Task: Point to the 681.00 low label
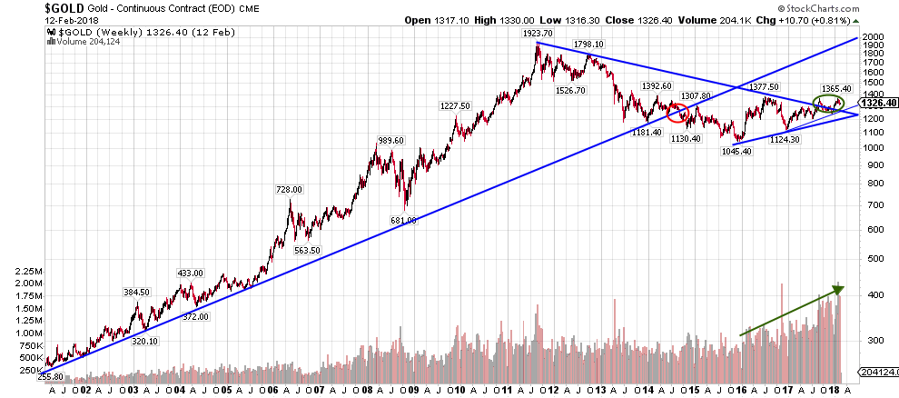(404, 220)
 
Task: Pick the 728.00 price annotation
(288, 189)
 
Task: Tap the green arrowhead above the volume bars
(837, 290)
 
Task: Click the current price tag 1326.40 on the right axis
(878, 103)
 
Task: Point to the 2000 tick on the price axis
(874, 39)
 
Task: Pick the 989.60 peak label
(390, 140)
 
